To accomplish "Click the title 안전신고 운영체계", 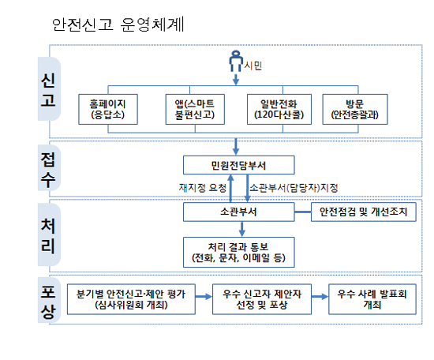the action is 118,24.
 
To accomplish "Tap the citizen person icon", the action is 236,61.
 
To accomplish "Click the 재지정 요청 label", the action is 203,188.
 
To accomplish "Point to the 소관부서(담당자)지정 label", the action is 294,188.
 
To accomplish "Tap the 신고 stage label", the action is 48,90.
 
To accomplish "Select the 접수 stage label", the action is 48,170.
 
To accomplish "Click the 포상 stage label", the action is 48,302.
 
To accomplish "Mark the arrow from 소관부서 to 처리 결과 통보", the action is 242,229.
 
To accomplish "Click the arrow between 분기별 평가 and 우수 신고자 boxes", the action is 204,297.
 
